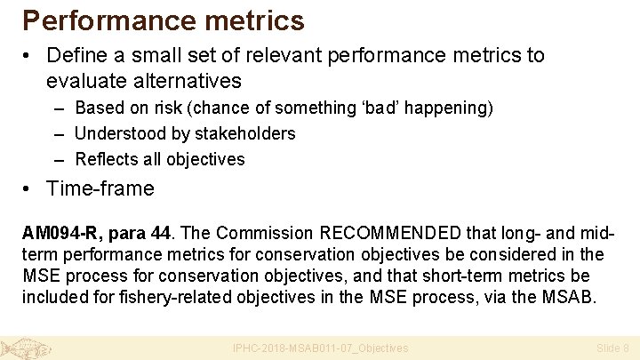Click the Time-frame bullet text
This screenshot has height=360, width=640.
click(x=100, y=188)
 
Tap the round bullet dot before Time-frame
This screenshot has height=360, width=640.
click(x=29, y=188)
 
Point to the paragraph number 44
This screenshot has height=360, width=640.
click(x=160, y=234)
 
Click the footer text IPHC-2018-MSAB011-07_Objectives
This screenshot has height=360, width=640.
click(x=320, y=348)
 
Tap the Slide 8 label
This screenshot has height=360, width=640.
click(x=612, y=348)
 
